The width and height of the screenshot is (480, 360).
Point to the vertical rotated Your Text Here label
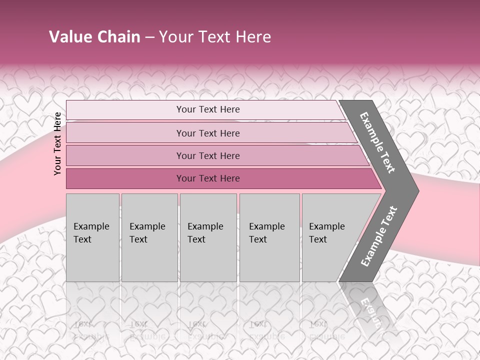[x=57, y=143]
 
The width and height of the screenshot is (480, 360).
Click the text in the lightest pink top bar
[x=208, y=109]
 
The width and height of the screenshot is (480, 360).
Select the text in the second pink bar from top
[x=208, y=133]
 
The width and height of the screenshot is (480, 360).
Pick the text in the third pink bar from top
[x=208, y=155]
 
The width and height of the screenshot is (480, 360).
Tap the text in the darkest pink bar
[x=208, y=178]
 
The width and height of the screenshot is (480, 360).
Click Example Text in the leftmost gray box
[x=91, y=233]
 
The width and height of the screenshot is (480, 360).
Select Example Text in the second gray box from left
[x=147, y=233]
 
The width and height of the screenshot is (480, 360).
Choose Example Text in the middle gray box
[x=205, y=233]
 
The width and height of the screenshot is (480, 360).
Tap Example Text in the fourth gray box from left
[x=266, y=233]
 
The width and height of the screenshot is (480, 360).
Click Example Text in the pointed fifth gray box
[x=326, y=233]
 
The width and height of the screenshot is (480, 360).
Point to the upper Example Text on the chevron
[x=377, y=142]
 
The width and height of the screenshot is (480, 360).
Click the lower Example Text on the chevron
[x=378, y=236]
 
